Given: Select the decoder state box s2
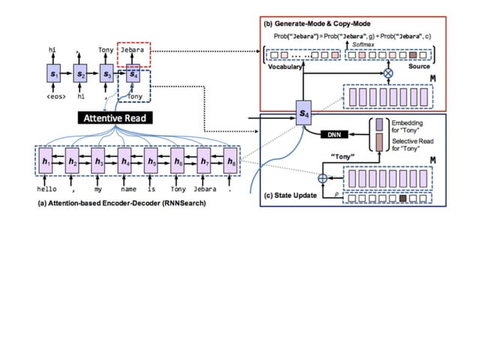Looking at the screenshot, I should [80, 74].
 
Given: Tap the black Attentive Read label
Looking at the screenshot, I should [115, 118].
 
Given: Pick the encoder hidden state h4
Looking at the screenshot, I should [125, 161].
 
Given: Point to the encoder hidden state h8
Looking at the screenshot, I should [230, 161].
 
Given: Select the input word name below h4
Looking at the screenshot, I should [128, 189].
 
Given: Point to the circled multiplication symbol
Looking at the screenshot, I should [388, 73].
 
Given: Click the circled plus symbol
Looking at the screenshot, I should [324, 179].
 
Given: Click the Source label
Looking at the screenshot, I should [418, 67].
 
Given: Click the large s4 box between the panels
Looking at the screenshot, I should [303, 113].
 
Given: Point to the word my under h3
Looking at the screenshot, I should [99, 189].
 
